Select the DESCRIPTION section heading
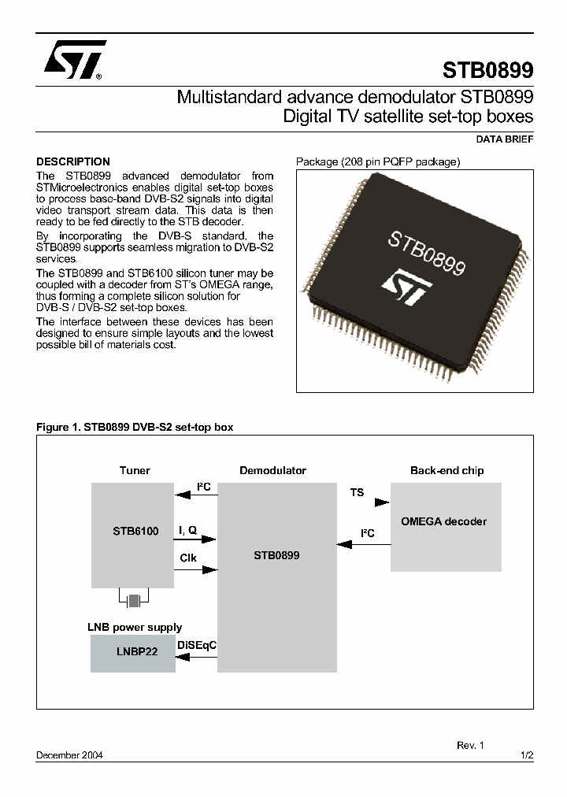(x=73, y=161)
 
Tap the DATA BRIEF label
(x=505, y=139)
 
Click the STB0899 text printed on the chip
(x=426, y=252)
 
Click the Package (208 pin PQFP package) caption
(x=377, y=161)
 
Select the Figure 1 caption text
(x=135, y=427)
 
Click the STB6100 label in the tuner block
(x=135, y=531)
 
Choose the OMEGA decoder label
(x=443, y=521)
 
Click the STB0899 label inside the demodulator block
(x=276, y=555)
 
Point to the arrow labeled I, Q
(x=196, y=540)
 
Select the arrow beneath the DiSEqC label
(x=196, y=657)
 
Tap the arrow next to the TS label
(x=381, y=501)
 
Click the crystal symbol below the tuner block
(x=134, y=601)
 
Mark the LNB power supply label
(x=134, y=628)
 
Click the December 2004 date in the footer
(x=69, y=754)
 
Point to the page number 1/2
(x=527, y=754)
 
